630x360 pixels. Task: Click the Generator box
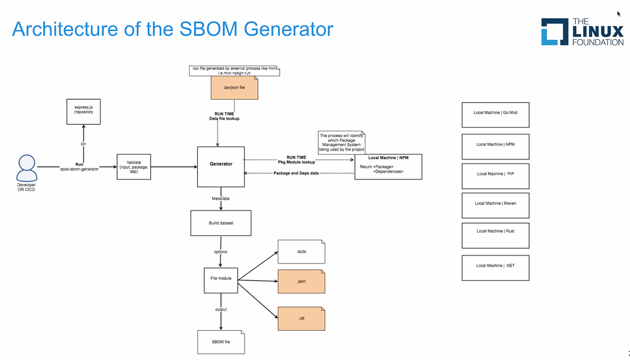click(221, 167)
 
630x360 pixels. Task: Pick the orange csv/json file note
click(234, 88)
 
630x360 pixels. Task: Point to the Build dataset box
click(220, 223)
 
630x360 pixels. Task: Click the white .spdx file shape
click(301, 252)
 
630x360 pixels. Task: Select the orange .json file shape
click(301, 282)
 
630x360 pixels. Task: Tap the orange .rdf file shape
click(301, 319)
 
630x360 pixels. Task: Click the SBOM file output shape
click(220, 342)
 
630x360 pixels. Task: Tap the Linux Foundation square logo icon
click(554, 32)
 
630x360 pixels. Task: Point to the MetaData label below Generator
click(220, 199)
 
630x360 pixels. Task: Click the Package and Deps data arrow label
click(296, 173)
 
